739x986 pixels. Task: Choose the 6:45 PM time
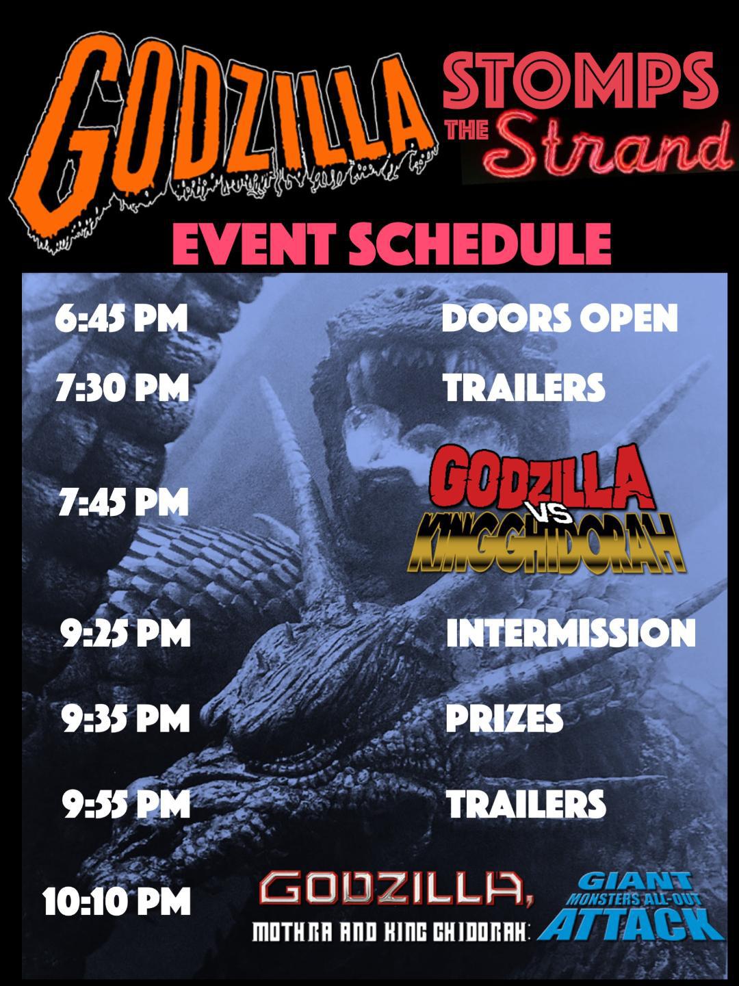121,319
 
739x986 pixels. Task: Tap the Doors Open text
559,319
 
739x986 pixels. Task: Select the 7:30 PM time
122,388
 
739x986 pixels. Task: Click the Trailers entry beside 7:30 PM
524,388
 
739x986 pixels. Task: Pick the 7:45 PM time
123,503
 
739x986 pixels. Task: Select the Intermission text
570,633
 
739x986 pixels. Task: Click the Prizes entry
504,718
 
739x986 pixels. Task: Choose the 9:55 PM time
126,804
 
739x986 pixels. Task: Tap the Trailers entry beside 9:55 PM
526,804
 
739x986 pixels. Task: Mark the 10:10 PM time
116,901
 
